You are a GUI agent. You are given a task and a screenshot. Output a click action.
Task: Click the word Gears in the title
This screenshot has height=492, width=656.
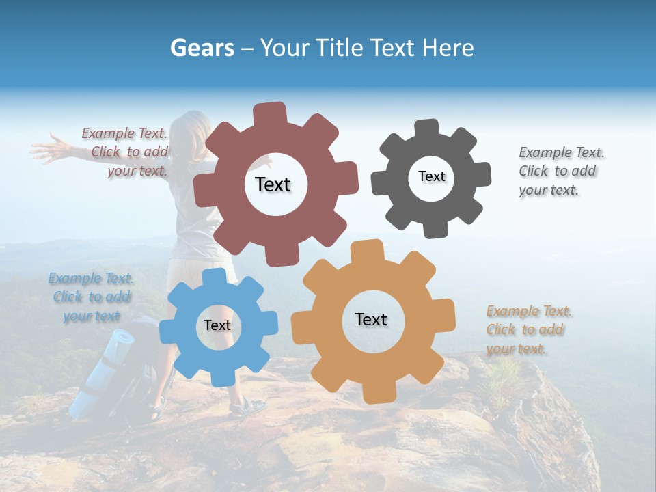tap(201, 48)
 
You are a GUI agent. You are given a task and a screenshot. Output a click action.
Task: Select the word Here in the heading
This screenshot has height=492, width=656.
tap(448, 48)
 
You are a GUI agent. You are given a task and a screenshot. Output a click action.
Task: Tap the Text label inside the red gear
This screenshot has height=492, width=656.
tap(273, 184)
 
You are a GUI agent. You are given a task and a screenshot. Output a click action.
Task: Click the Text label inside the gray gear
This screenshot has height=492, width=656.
tap(431, 176)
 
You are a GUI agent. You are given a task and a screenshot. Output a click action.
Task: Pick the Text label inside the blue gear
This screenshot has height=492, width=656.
tap(217, 325)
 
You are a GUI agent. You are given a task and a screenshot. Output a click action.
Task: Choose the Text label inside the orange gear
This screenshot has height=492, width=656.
tap(371, 319)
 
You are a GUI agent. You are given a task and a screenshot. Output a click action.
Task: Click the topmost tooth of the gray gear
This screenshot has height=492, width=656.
tap(426, 128)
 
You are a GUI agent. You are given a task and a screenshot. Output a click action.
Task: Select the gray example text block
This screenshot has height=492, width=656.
tap(560, 171)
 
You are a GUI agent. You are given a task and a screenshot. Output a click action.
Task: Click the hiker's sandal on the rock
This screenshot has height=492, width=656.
tap(247, 407)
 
